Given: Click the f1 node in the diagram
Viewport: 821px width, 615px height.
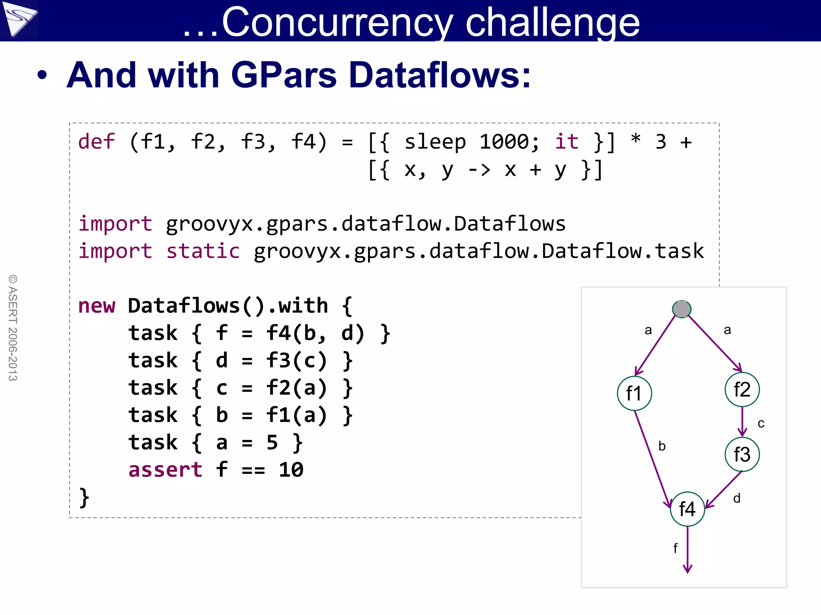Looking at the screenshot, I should coord(634,393).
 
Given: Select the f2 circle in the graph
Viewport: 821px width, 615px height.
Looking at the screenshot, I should coord(742,390).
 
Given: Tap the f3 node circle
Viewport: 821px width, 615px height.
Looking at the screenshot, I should coord(742,454).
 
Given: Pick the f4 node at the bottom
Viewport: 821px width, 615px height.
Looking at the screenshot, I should coord(687,509).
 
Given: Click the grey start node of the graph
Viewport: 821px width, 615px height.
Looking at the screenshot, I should coord(681,309).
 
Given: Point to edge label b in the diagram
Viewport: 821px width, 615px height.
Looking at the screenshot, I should coord(662,446).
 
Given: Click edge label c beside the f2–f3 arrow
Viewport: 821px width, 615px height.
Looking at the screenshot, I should coord(761,424).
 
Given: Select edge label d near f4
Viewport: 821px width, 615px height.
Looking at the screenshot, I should coord(736,498).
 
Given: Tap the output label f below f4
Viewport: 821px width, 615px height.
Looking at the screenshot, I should coord(675,548).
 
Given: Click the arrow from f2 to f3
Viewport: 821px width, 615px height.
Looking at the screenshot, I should coord(742,421).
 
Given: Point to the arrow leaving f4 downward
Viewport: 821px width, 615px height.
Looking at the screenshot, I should coord(688,551).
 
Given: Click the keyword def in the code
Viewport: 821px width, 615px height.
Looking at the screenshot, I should coord(96,142).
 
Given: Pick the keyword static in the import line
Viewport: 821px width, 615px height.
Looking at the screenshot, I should coord(203,251).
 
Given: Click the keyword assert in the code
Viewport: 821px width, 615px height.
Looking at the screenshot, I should coord(165,470).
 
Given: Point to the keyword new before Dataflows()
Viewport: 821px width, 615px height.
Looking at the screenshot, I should coord(96,306).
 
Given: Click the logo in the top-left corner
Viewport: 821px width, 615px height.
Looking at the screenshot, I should coord(19,19).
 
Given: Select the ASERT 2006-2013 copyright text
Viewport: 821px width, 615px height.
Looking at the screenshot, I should coord(13,328).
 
